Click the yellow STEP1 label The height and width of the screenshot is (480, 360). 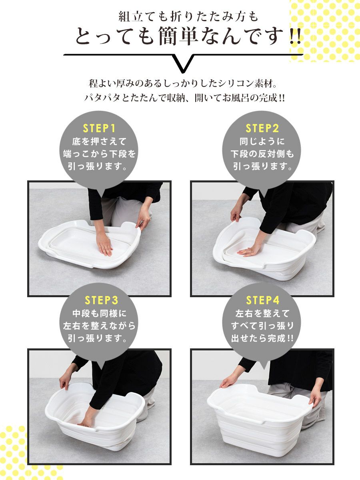[99, 128]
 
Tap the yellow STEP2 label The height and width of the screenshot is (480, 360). [262, 128]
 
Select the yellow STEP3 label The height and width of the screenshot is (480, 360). [101, 300]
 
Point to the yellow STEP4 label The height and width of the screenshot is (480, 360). [263, 300]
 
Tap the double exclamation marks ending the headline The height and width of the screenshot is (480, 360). [295, 36]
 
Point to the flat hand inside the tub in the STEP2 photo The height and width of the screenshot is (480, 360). [249, 250]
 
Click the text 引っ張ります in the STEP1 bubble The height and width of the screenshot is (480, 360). [98, 167]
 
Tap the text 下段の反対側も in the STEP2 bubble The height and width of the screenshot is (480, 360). [262, 154]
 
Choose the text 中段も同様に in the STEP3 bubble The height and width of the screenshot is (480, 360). [100, 314]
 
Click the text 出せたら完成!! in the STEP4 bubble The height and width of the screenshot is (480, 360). [262, 338]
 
